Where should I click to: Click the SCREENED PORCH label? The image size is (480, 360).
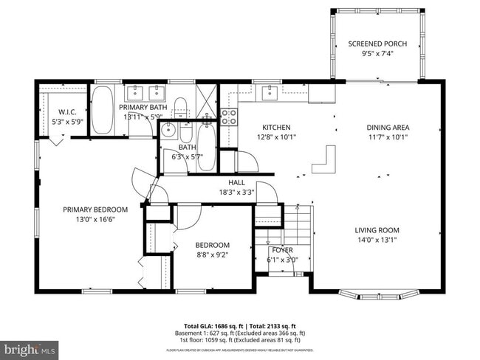tap(377, 44)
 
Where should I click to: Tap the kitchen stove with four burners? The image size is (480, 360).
tap(229, 116)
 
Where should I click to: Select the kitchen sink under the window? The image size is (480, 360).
tap(270, 92)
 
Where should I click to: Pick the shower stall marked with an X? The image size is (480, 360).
tap(208, 101)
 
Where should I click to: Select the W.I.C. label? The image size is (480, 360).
tap(64, 112)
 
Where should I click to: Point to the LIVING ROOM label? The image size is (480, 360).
tap(377, 229)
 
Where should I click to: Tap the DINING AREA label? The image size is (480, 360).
tap(388, 127)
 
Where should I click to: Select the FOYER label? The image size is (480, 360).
tap(282, 250)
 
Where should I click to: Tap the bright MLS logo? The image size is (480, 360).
tap(30, 347)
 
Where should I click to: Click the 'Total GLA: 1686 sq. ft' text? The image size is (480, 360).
tap(216, 325)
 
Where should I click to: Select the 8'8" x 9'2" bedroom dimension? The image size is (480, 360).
tap(212, 255)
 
